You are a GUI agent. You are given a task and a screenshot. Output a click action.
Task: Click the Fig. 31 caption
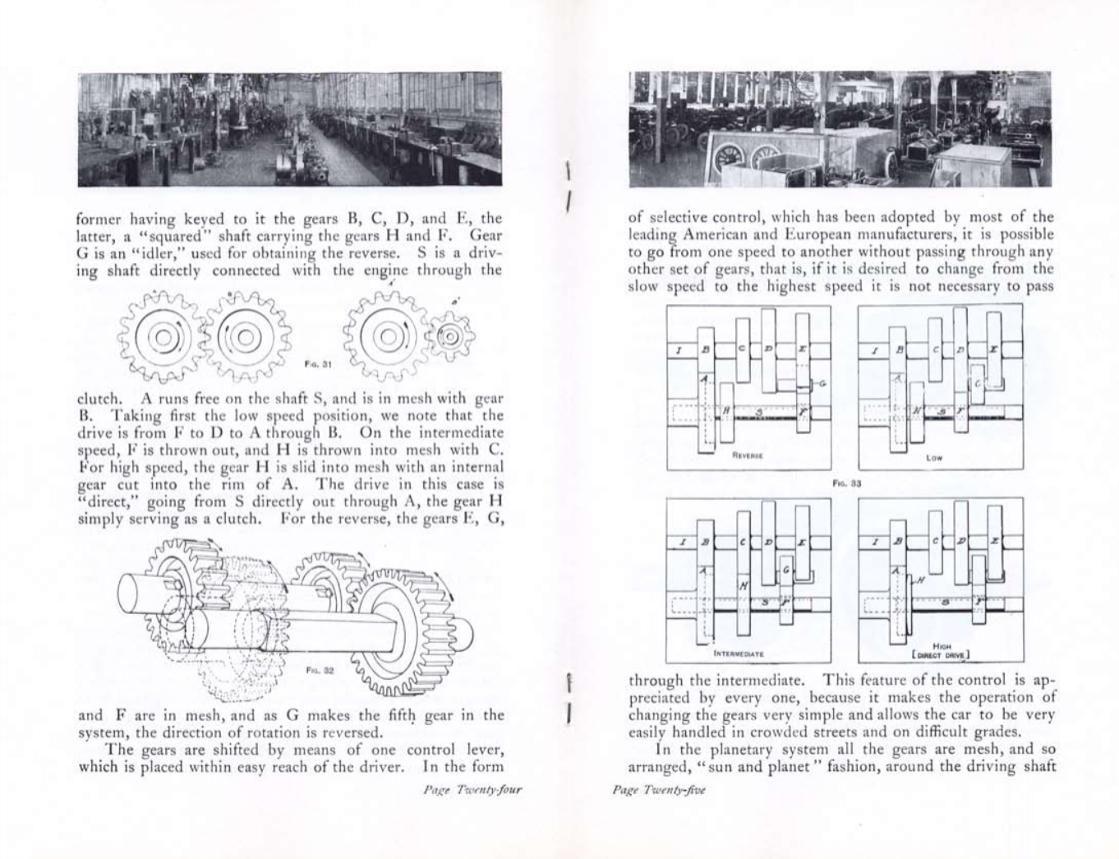click(316, 363)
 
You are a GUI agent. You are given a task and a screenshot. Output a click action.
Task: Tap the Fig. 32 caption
click(320, 670)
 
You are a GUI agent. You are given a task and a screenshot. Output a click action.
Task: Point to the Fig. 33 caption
click(845, 483)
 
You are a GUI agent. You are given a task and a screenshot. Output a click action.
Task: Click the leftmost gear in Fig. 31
click(162, 336)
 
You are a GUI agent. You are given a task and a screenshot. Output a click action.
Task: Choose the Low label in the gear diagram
click(934, 458)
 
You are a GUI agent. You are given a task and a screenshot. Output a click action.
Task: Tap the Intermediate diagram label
click(739, 653)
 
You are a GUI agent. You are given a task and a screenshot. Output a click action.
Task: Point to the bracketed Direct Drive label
click(942, 654)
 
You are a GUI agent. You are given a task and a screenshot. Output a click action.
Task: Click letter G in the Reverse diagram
click(822, 382)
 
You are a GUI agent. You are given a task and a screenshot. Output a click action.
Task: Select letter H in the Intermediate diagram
click(744, 585)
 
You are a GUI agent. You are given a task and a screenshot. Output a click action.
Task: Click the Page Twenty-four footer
click(472, 789)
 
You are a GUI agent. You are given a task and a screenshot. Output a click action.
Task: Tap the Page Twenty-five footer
click(659, 789)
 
